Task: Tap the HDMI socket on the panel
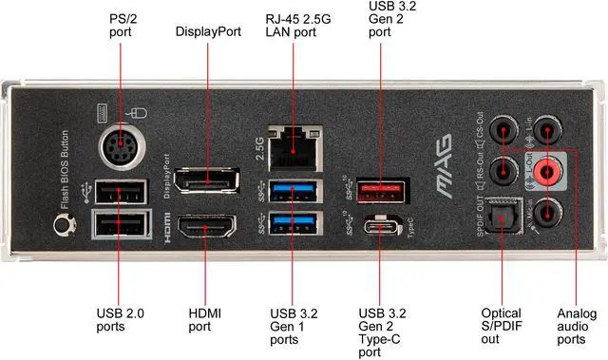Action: [x=207, y=230]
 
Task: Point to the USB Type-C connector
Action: [x=381, y=228]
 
